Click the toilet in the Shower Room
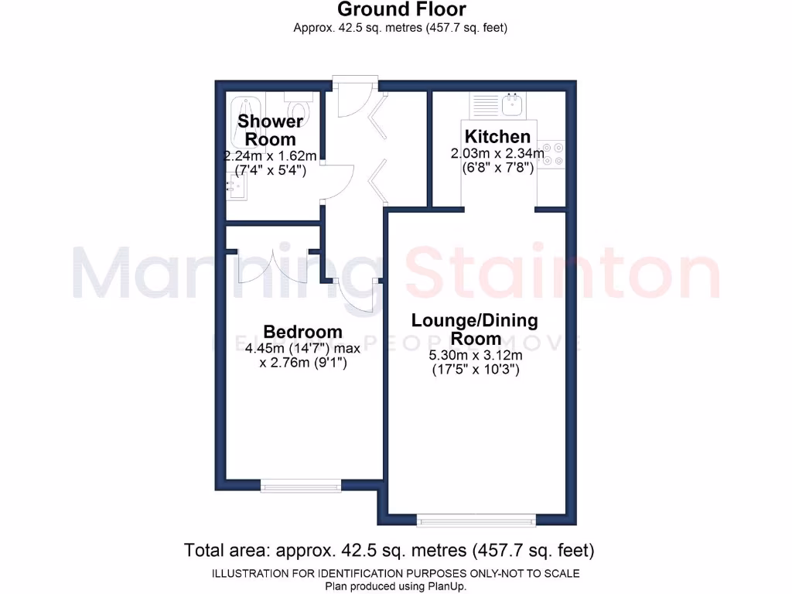297,104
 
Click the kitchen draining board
485,104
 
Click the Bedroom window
301,485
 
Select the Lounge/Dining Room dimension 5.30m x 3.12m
475,356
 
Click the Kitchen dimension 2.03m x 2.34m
497,153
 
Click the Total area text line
389,551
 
